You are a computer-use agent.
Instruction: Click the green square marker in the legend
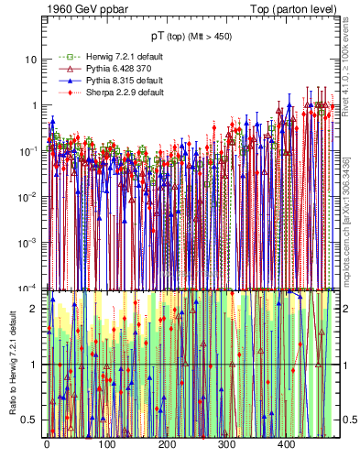(x=64, y=57)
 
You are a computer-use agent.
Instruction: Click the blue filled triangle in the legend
(x=64, y=81)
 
